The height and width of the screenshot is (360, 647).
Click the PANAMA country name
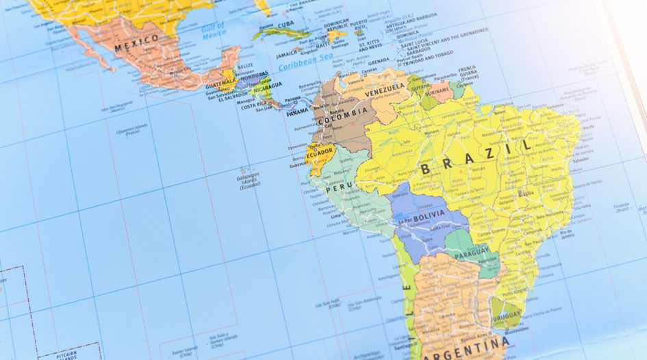pos(298,111)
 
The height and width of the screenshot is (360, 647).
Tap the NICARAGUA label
pos(268,87)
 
